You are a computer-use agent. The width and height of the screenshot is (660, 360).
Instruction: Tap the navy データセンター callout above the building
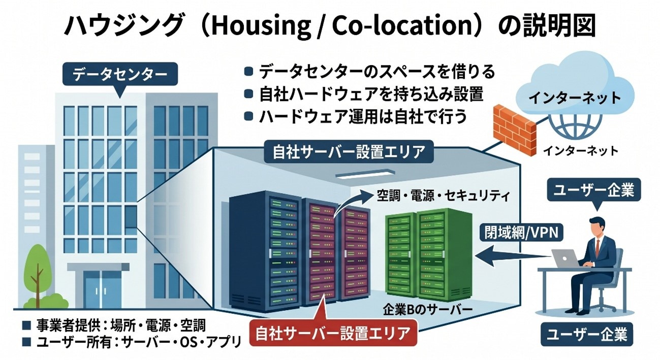tap(120, 74)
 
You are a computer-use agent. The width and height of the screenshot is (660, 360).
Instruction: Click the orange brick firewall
tap(515, 130)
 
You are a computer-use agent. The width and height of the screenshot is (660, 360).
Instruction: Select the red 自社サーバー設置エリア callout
tap(333, 333)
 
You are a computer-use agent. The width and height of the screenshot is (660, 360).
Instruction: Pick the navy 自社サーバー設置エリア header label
tap(349, 152)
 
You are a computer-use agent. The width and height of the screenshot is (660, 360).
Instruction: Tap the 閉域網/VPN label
tap(521, 233)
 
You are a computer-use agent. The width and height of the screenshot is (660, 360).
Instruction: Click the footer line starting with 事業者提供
tap(114, 325)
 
